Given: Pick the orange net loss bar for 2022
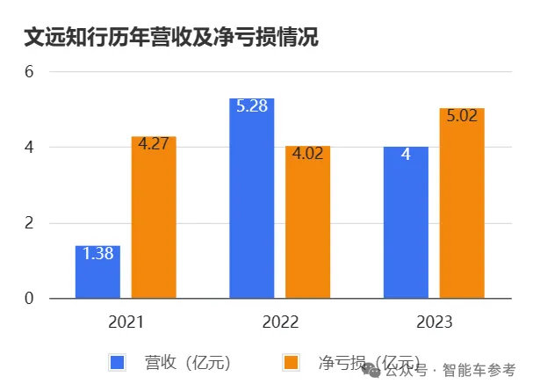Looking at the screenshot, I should click(x=307, y=228).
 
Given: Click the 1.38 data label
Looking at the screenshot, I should click(x=97, y=254).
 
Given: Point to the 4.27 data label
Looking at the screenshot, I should click(x=154, y=144).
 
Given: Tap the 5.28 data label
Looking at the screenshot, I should click(x=251, y=106).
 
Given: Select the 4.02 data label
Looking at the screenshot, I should click(x=307, y=154).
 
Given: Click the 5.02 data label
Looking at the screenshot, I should click(x=462, y=116).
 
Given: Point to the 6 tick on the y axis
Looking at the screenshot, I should click(x=27, y=71).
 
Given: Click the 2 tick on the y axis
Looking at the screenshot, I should click(x=27, y=223).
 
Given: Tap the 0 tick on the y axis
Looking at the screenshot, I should click(x=27, y=299).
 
